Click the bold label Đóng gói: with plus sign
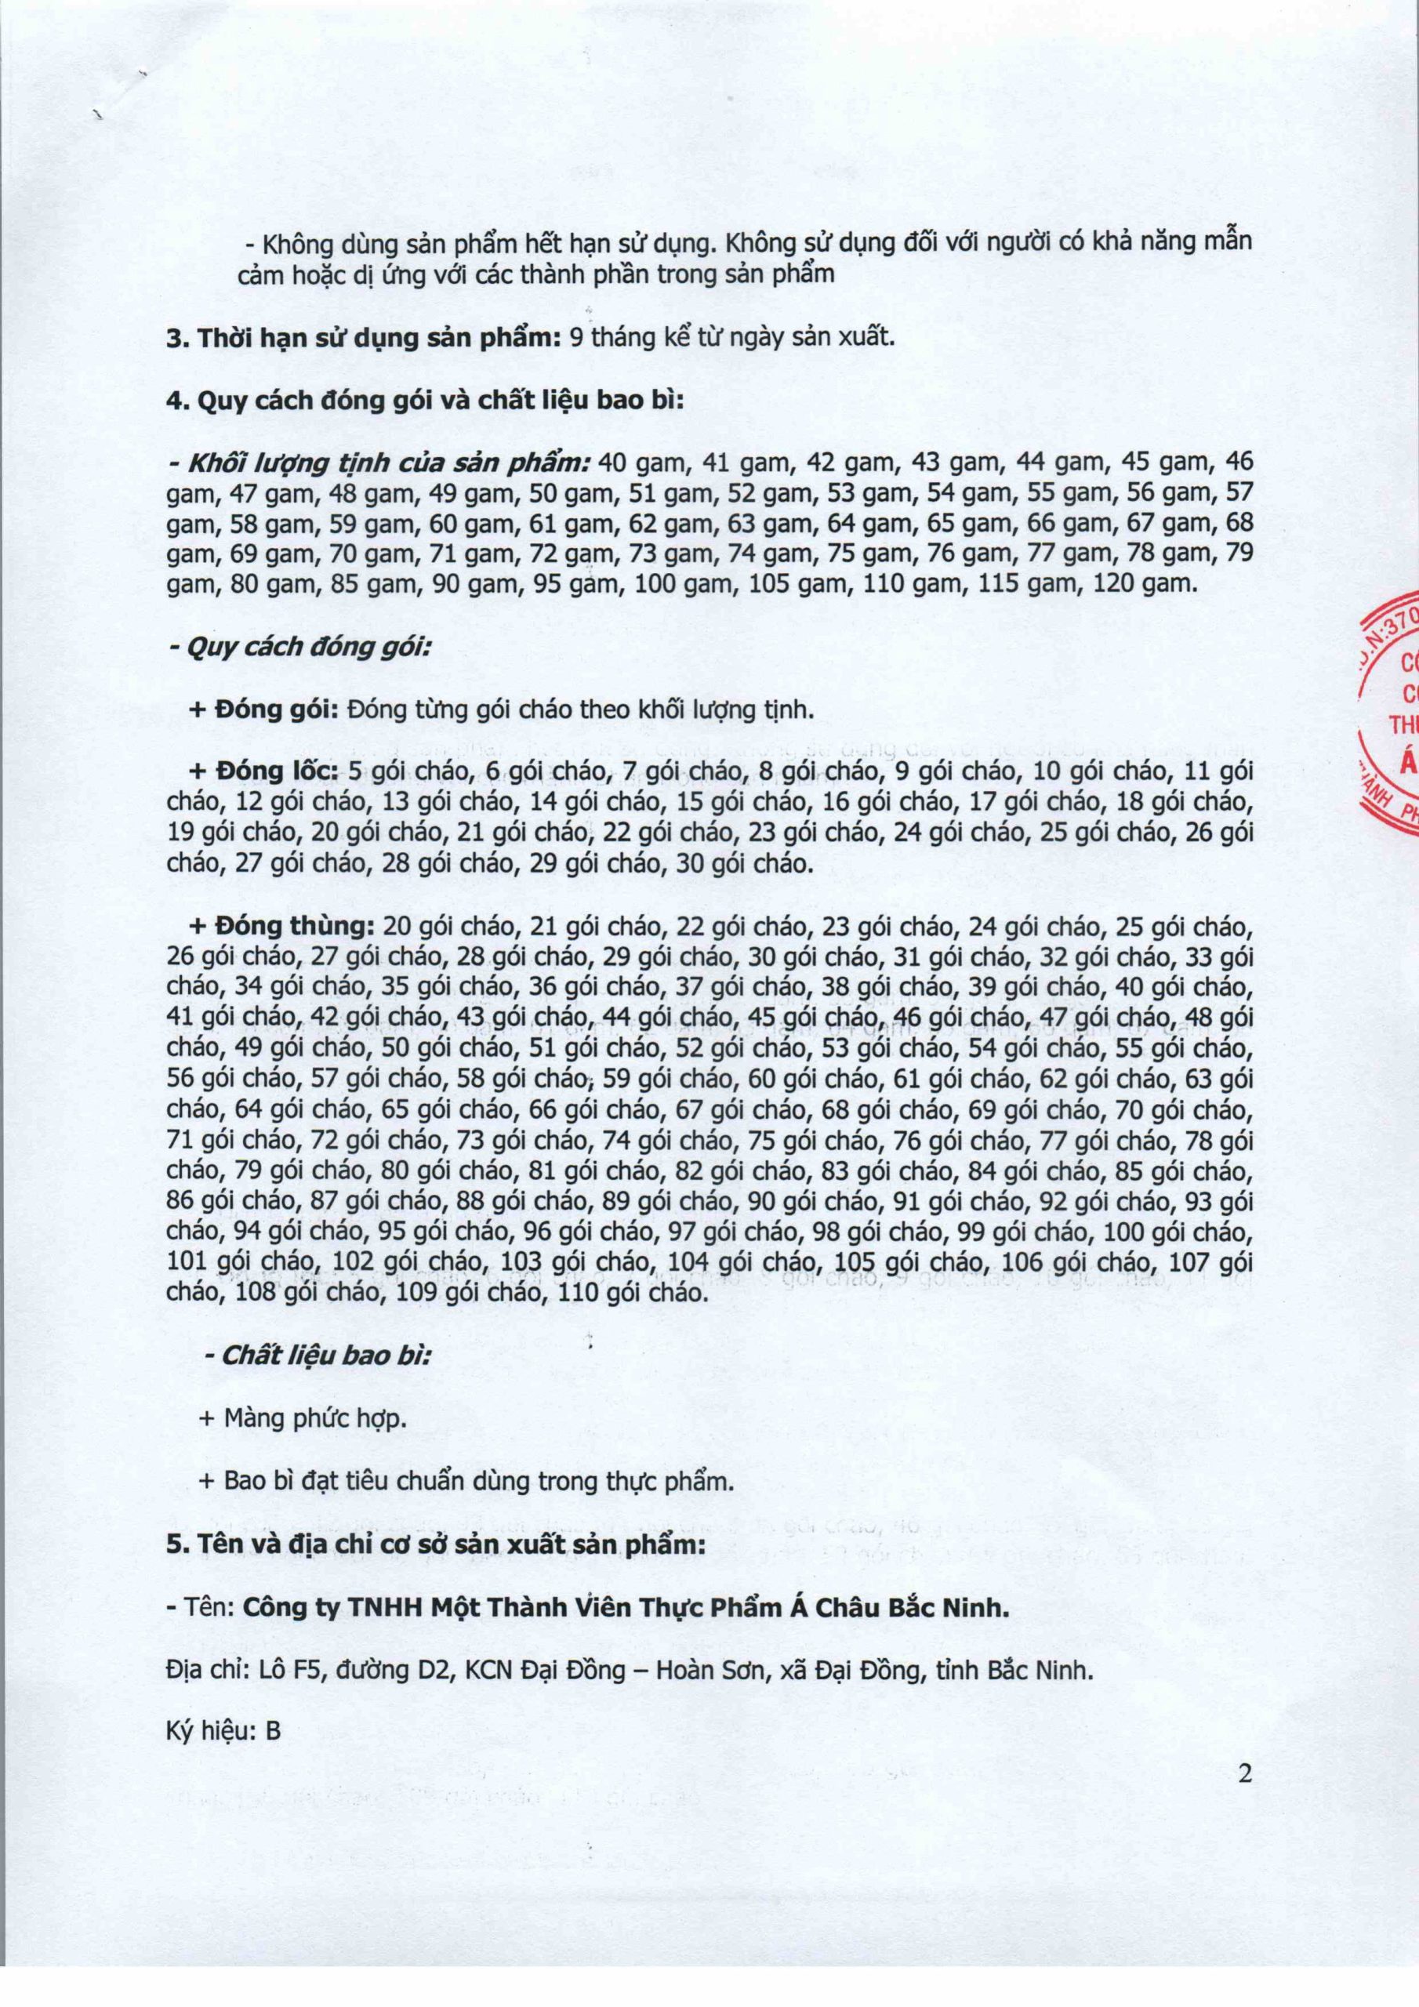(263, 710)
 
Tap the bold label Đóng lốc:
(267, 772)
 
